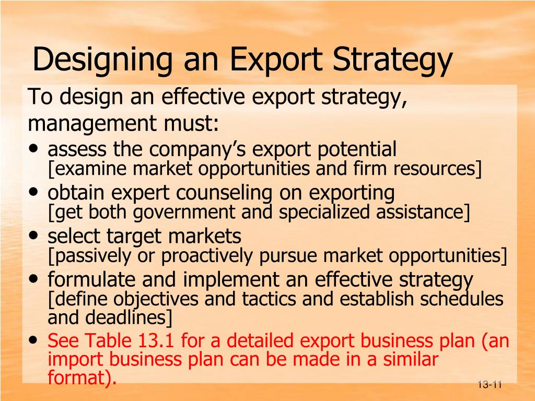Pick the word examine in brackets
pos(87,169)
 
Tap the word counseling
pos(223,193)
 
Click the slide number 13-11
pos(489,385)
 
